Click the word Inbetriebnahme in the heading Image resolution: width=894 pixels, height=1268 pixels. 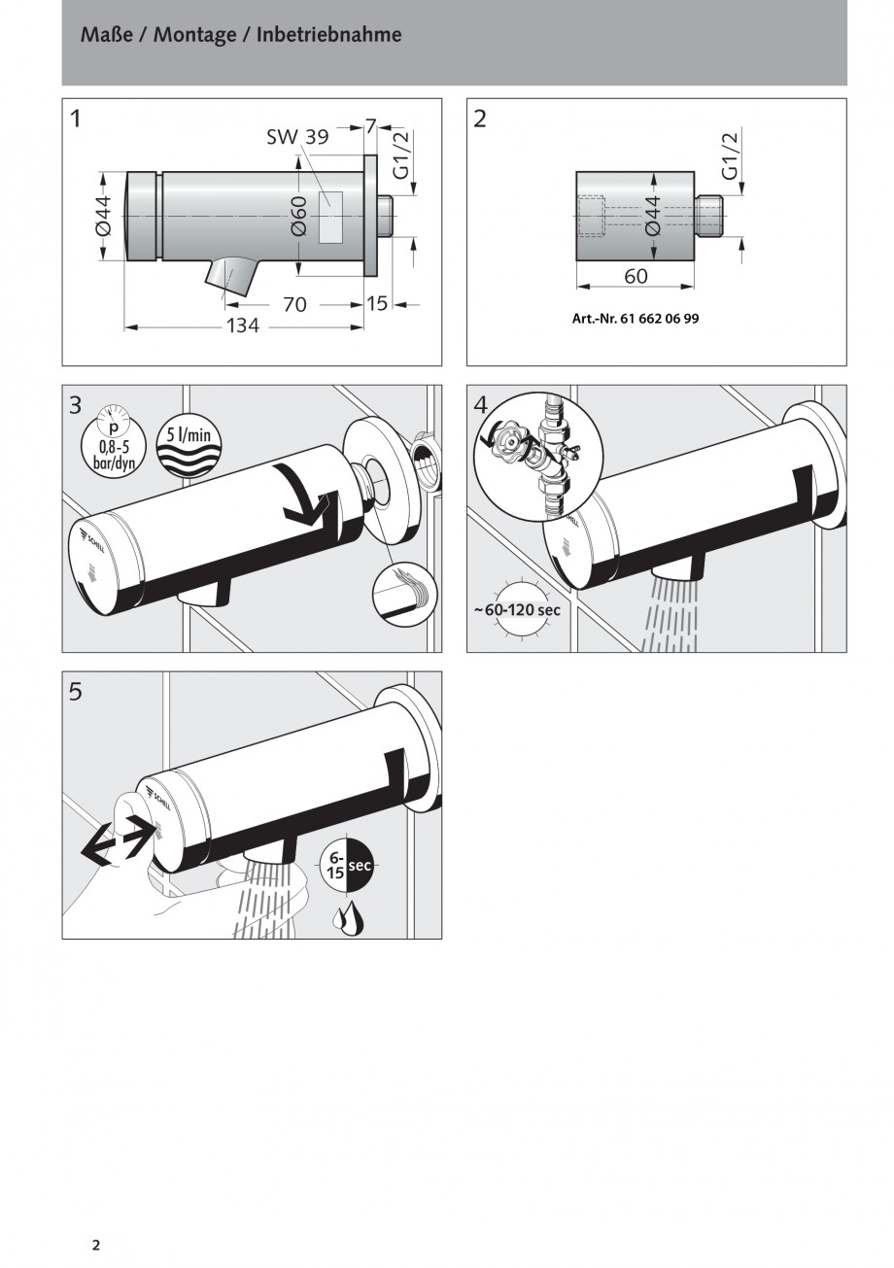(329, 35)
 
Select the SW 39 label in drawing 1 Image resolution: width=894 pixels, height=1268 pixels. (297, 137)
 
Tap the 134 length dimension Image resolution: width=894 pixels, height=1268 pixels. (243, 326)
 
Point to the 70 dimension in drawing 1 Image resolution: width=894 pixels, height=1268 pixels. (294, 304)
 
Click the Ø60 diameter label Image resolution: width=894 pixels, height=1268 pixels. (299, 216)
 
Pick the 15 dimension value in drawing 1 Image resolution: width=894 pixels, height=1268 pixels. (376, 303)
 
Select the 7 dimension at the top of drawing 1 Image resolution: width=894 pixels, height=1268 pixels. (370, 126)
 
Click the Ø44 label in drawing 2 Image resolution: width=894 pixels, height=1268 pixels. (653, 216)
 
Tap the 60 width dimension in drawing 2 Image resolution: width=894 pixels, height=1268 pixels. (636, 276)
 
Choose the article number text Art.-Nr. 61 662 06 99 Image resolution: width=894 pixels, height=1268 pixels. (636, 319)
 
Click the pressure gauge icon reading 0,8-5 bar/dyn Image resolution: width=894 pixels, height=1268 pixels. (113, 439)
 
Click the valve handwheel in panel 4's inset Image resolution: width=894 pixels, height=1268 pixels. (508, 441)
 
